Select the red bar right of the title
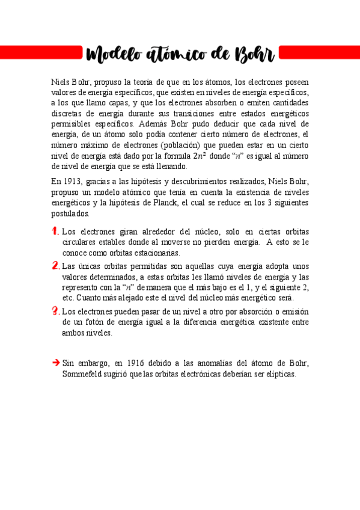tap(320, 54)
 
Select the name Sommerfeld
tap(85, 373)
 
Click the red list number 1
tap(55, 232)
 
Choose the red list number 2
tap(55, 266)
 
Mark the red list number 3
tap(55, 311)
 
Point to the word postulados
tap(70, 214)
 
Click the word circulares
tap(77, 242)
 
